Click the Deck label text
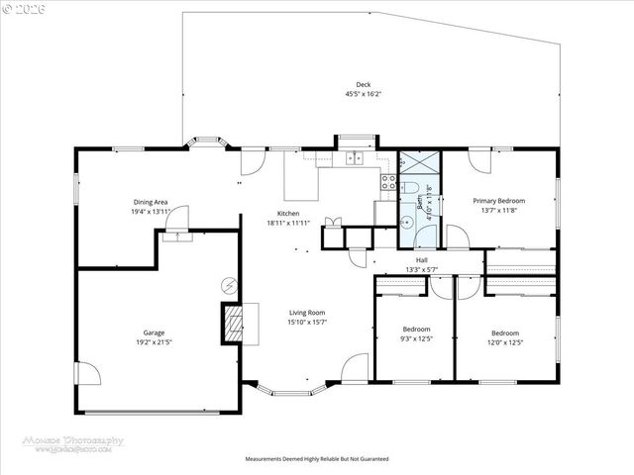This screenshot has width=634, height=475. pyautogui.click(x=364, y=84)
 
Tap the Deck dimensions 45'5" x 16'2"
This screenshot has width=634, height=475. pyautogui.click(x=364, y=94)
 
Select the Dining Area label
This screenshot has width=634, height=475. pyautogui.click(x=152, y=202)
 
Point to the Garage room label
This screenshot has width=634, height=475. pyautogui.click(x=153, y=332)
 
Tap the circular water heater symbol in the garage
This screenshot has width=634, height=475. pyautogui.click(x=229, y=284)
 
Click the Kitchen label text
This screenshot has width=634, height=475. pyautogui.click(x=288, y=214)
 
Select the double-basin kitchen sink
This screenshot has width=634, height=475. pyautogui.click(x=355, y=157)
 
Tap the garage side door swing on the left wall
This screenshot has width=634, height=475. pyautogui.click(x=87, y=375)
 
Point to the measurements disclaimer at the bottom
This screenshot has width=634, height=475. pyautogui.click(x=317, y=459)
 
